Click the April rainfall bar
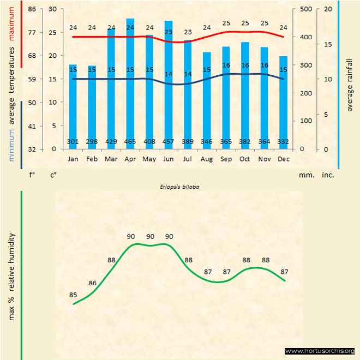point(130,82)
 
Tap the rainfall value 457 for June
point(169,142)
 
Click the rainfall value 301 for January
point(73,142)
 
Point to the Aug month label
point(207,159)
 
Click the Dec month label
point(284,159)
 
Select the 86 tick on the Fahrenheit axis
point(32,9)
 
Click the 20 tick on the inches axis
point(328,9)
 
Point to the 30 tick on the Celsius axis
point(52,9)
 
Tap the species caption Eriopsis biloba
point(179,187)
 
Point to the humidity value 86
point(93,283)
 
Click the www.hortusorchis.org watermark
point(320,351)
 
